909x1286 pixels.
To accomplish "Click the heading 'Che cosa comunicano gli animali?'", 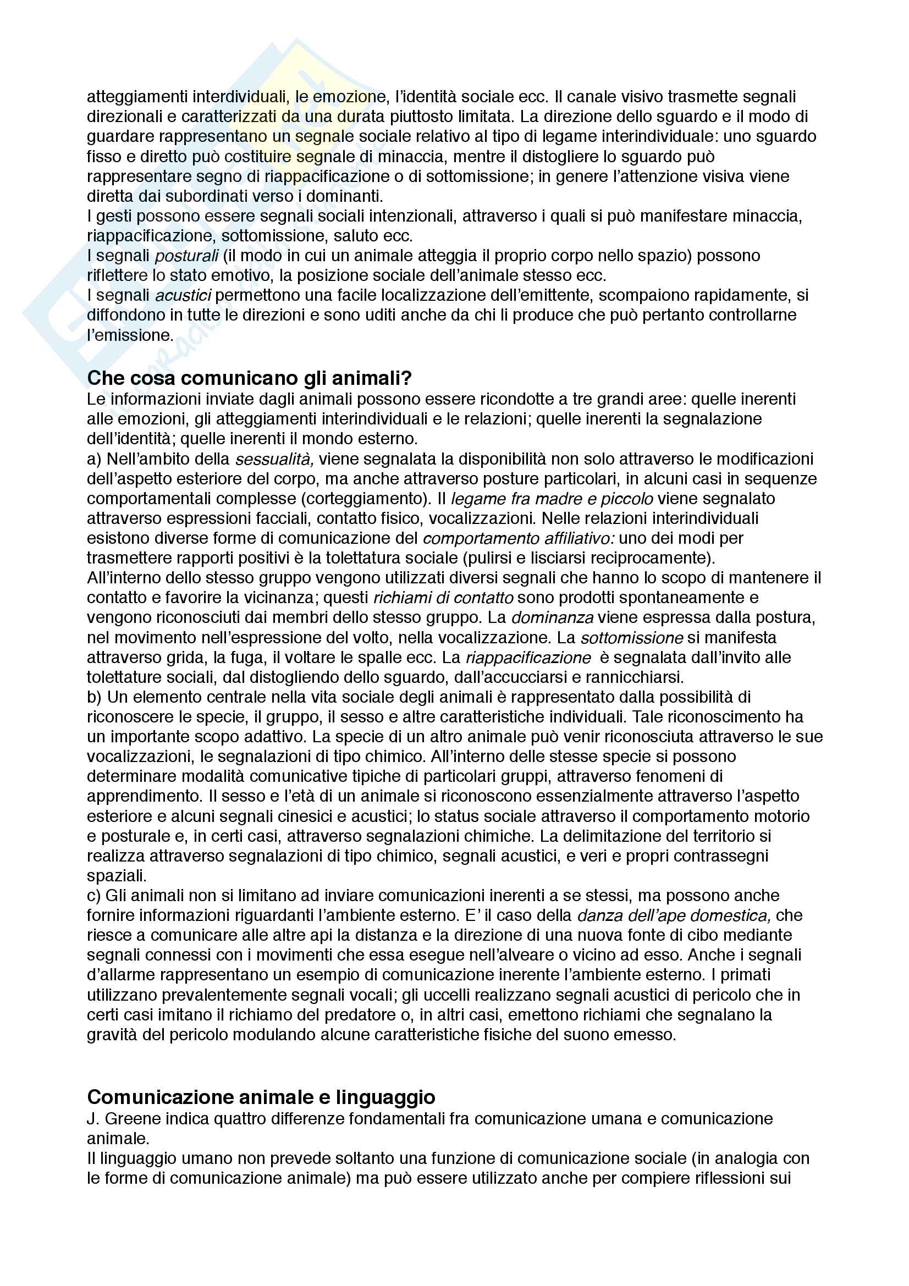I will point(249,379).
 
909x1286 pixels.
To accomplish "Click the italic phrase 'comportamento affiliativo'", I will point(519,538).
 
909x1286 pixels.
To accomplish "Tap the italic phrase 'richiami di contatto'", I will point(443,598).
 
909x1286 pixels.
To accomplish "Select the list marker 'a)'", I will point(93,459).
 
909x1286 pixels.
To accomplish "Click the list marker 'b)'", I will point(94,697).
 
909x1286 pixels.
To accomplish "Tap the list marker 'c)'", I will point(93,896).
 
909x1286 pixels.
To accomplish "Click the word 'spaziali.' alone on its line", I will point(117,875).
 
